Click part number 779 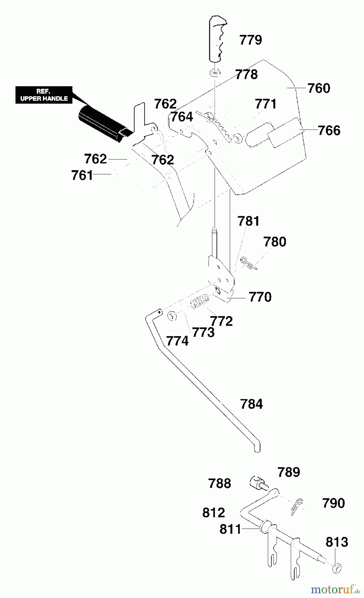coord(251,40)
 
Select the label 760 coord(318,88)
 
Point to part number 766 coord(329,130)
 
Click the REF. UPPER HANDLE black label coord(44,95)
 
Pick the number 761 coord(82,175)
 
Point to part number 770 coord(260,297)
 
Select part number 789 coord(288,472)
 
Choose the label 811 coord(230,529)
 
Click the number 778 coord(246,74)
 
